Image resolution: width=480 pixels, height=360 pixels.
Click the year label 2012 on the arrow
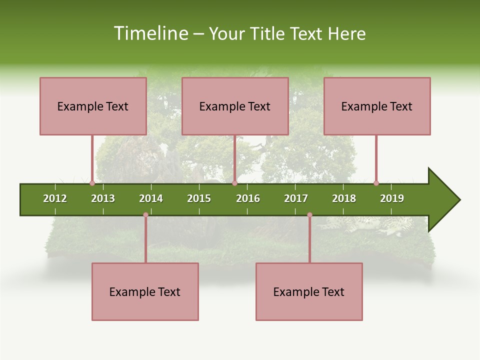click(55, 198)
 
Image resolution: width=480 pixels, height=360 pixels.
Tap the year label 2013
click(103, 198)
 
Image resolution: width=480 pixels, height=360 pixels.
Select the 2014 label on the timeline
click(151, 198)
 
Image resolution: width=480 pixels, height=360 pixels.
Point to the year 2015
click(199, 198)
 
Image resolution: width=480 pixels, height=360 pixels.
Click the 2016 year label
click(248, 198)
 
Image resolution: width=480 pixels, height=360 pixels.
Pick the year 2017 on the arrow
click(296, 198)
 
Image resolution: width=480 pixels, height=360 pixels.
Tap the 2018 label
click(344, 198)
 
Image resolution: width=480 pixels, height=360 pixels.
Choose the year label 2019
click(392, 198)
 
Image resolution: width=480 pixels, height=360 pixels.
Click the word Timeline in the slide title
click(150, 33)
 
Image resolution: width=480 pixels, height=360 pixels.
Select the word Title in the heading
click(268, 33)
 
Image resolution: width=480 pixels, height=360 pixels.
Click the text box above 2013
click(93, 106)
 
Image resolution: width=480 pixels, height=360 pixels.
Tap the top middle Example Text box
click(235, 106)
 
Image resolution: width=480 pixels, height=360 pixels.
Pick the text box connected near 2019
click(377, 106)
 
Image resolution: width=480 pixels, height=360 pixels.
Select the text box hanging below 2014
click(145, 292)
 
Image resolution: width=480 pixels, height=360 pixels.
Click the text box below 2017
click(309, 292)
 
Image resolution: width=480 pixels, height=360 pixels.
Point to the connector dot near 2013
click(92, 183)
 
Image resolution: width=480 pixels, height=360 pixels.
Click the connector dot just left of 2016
click(234, 183)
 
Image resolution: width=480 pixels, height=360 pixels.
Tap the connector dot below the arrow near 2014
click(145, 215)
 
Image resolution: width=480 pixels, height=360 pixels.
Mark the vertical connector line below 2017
click(309, 240)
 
